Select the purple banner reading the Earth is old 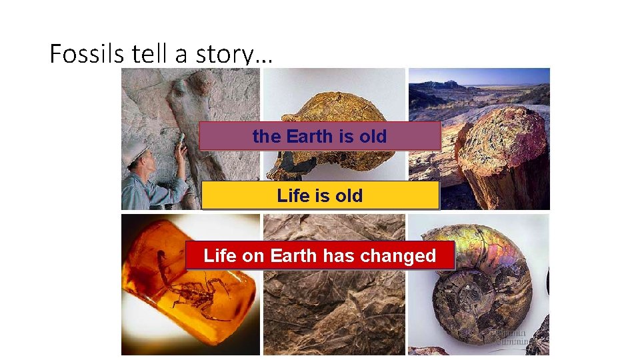tap(319, 136)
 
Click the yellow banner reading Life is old tap(320, 195)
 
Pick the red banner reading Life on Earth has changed tap(319, 255)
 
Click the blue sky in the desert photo tap(480, 75)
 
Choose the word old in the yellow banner tap(349, 195)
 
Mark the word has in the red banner tap(339, 255)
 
